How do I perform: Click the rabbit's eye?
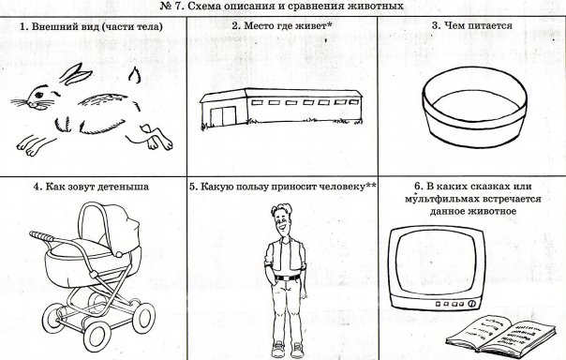pos(38,95)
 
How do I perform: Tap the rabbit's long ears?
pos(76,74)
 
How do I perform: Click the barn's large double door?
pos(223,115)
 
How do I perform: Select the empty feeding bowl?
pos(474,107)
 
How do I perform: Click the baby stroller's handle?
pos(41,236)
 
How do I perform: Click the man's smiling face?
pos(281,221)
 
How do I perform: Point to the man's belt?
pos(288,277)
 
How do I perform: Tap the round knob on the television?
pos(470,304)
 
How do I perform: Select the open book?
pos(501,333)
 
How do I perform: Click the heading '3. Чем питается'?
pos(472,25)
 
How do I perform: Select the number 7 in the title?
pos(177,7)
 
